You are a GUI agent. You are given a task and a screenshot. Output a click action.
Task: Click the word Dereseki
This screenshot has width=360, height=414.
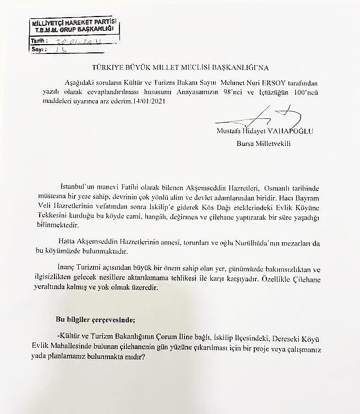tap(300, 336)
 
